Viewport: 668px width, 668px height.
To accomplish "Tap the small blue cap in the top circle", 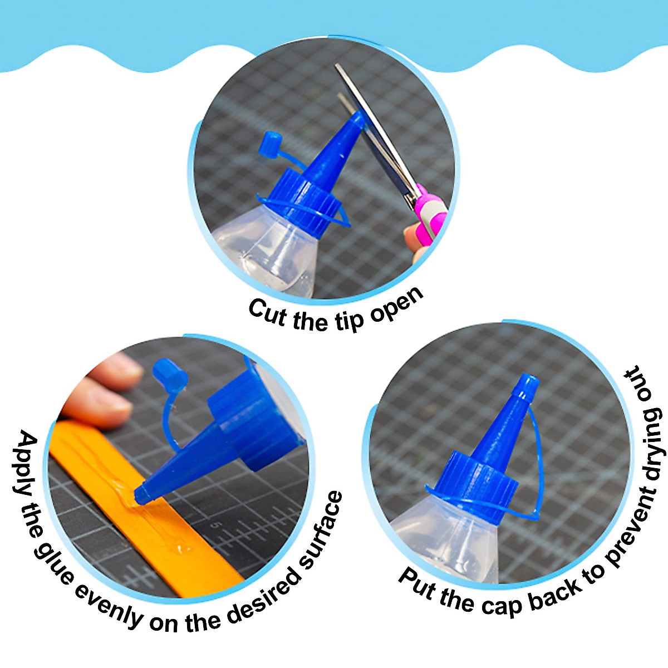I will point(272,143).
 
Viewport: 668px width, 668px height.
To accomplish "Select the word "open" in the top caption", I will point(397,306).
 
